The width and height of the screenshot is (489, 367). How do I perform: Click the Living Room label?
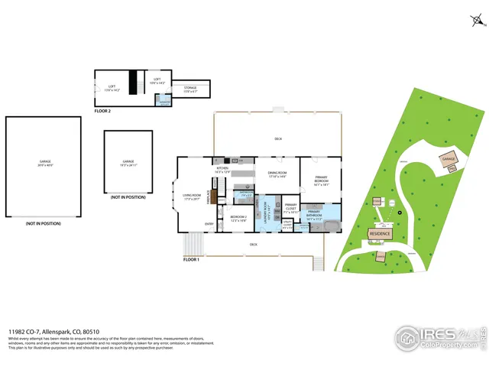pyautogui.click(x=192, y=197)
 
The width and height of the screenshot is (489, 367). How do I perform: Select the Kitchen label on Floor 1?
pyautogui.click(x=222, y=170)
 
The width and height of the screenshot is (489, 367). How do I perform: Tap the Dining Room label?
pyautogui.click(x=276, y=175)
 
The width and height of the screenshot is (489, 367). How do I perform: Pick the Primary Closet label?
pyautogui.click(x=290, y=208)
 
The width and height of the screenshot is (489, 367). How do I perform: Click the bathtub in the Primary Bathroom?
pyautogui.click(x=331, y=226)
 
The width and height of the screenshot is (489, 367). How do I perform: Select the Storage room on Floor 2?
pyautogui.click(x=189, y=89)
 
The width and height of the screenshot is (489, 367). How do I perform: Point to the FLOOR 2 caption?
pyautogui.click(x=103, y=112)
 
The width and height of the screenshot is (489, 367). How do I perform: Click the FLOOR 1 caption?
pyautogui.click(x=191, y=260)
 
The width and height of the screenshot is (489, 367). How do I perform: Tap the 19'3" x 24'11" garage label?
pyautogui.click(x=128, y=163)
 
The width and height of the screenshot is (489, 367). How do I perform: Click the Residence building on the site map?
pyautogui.click(x=380, y=234)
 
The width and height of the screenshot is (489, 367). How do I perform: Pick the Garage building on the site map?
pyautogui.click(x=448, y=160)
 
